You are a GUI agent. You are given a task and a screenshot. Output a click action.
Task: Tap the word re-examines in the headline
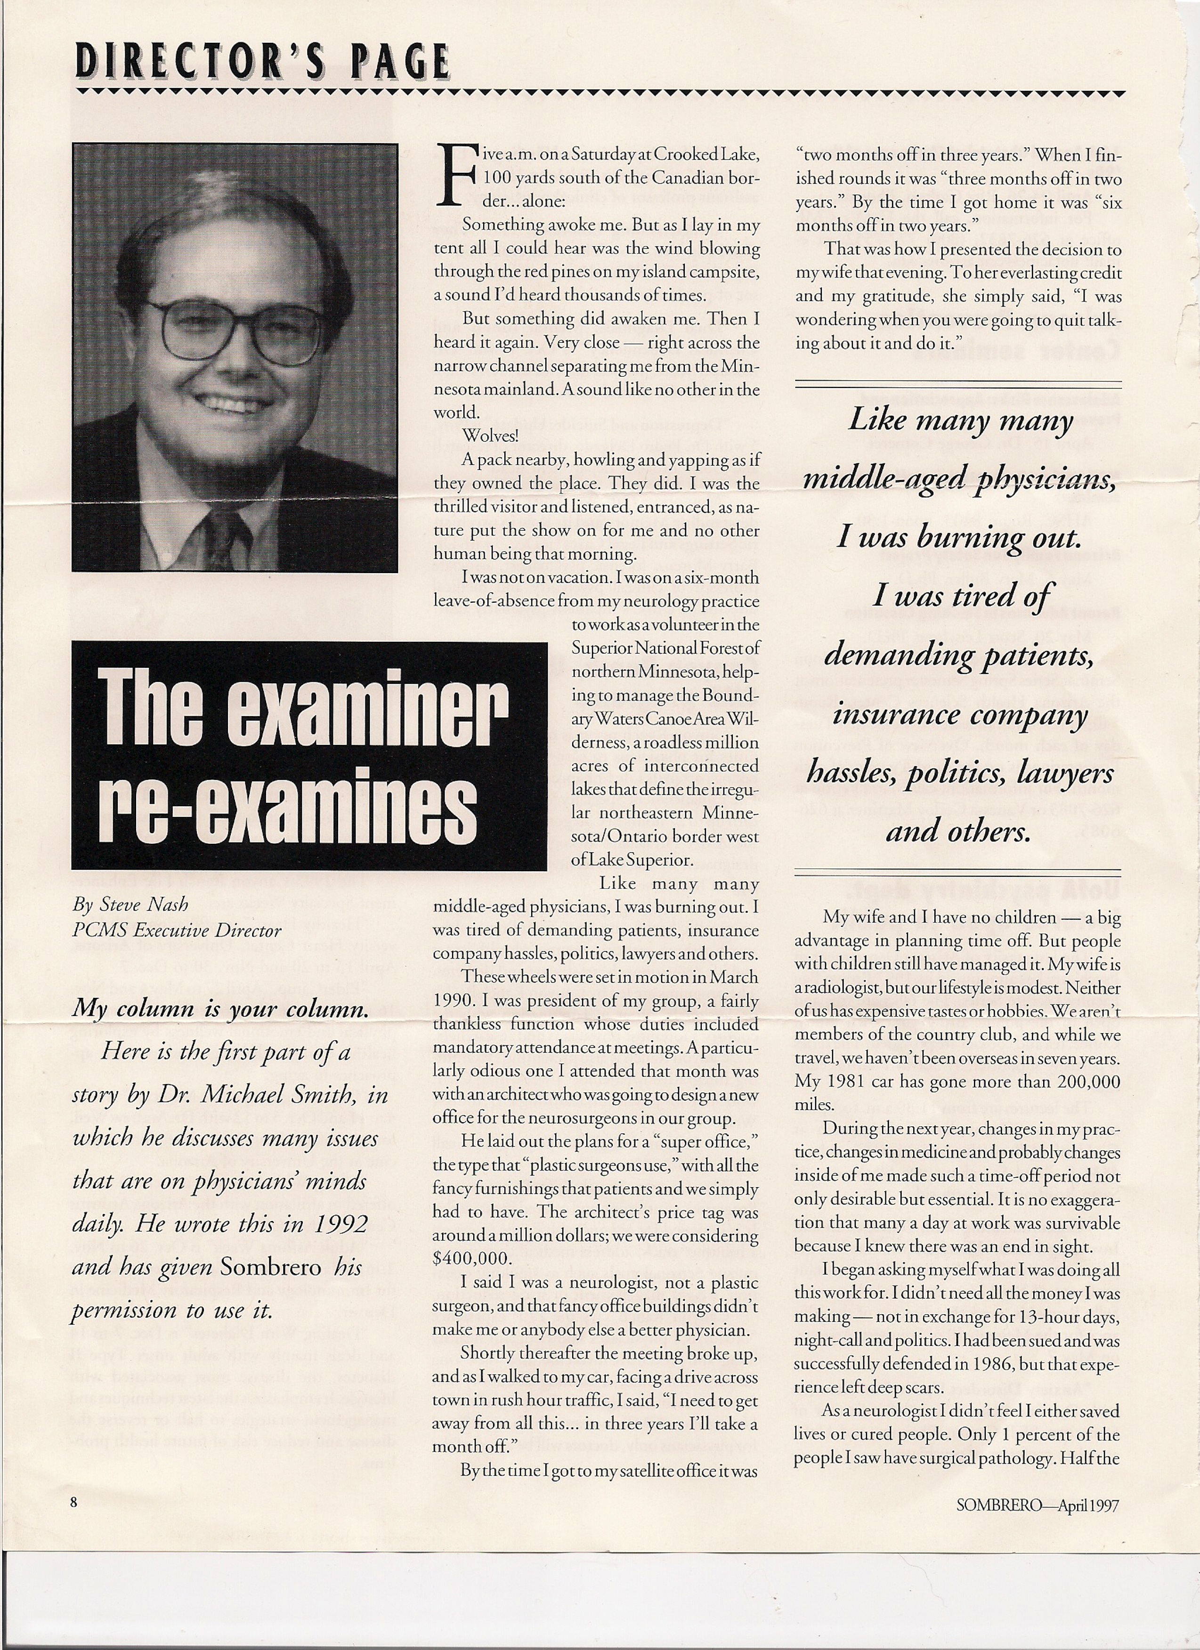[x=287, y=805]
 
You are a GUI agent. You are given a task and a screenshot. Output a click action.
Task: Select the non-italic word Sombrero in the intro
[x=270, y=1267]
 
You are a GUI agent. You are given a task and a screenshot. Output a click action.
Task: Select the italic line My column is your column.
[x=220, y=1009]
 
